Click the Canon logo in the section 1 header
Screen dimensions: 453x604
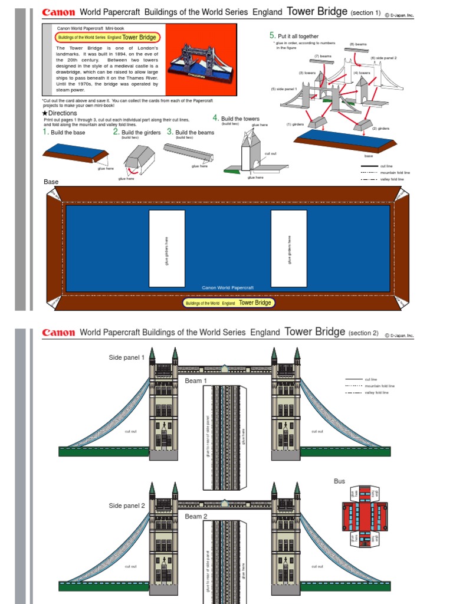pyautogui.click(x=58, y=12)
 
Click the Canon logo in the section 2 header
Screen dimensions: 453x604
pyautogui.click(x=58, y=333)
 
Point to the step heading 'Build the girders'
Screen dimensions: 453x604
pyautogui.click(x=139, y=133)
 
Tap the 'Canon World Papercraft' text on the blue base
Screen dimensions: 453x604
pyautogui.click(x=228, y=288)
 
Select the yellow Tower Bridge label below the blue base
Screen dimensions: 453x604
pyautogui.click(x=229, y=303)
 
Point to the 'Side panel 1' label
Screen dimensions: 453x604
pyautogui.click(x=126, y=357)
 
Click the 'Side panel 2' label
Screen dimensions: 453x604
pyautogui.click(x=126, y=505)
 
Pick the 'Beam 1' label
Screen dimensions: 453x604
pyautogui.click(x=196, y=381)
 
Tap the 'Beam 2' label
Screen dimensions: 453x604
pyautogui.click(x=196, y=517)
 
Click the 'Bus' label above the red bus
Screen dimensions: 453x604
pyautogui.click(x=339, y=481)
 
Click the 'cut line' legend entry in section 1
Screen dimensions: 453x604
pyautogui.click(x=386, y=166)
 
